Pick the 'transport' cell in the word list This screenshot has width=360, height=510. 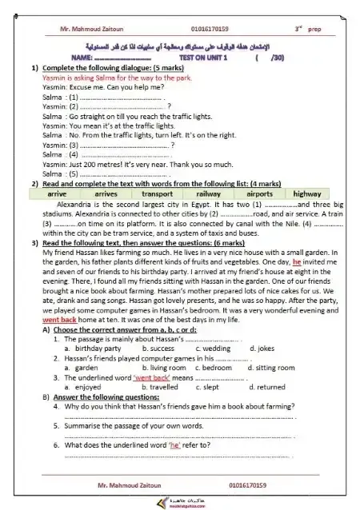pos(157,193)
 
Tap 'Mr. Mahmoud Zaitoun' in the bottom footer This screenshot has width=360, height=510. pos(110,484)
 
